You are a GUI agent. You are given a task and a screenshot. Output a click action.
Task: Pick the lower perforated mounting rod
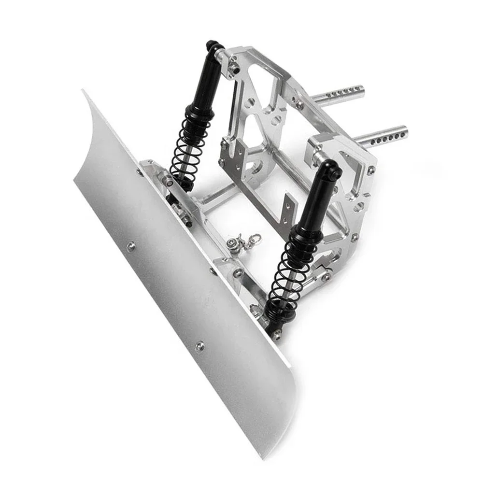pyautogui.click(x=382, y=136)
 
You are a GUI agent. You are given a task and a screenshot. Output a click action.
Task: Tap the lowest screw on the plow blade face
pyautogui.click(x=199, y=346)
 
